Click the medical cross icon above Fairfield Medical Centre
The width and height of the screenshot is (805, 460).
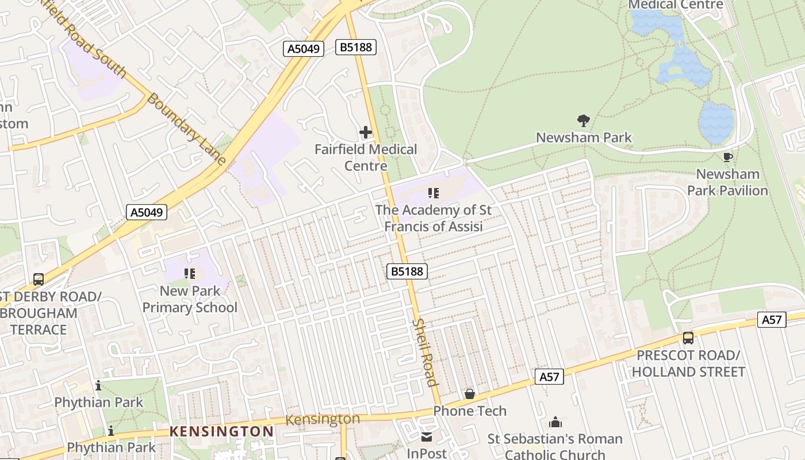click(x=365, y=133)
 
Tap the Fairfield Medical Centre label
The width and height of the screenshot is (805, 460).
click(x=366, y=158)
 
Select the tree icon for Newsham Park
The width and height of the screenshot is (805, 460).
click(x=584, y=120)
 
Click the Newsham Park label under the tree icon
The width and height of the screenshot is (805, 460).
click(x=584, y=137)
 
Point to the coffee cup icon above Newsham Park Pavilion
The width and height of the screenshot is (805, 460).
click(x=728, y=157)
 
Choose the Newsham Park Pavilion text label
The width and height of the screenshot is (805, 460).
click(x=728, y=182)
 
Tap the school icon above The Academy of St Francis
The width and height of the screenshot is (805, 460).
click(x=434, y=193)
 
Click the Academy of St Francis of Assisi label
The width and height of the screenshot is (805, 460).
click(x=434, y=218)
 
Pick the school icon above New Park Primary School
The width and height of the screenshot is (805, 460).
click(x=190, y=274)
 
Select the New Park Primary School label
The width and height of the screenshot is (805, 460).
click(x=190, y=299)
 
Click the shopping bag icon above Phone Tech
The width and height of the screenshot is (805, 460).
click(x=470, y=394)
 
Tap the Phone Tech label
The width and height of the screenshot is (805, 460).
click(x=470, y=411)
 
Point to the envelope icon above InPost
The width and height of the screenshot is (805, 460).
click(x=427, y=437)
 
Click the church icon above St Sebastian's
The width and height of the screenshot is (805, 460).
click(x=555, y=423)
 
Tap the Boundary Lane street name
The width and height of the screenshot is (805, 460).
click(x=186, y=129)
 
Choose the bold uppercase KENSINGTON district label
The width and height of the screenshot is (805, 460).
click(x=222, y=431)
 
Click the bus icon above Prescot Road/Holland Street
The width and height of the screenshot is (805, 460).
click(x=688, y=338)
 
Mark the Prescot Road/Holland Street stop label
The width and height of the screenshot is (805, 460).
click(x=688, y=363)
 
